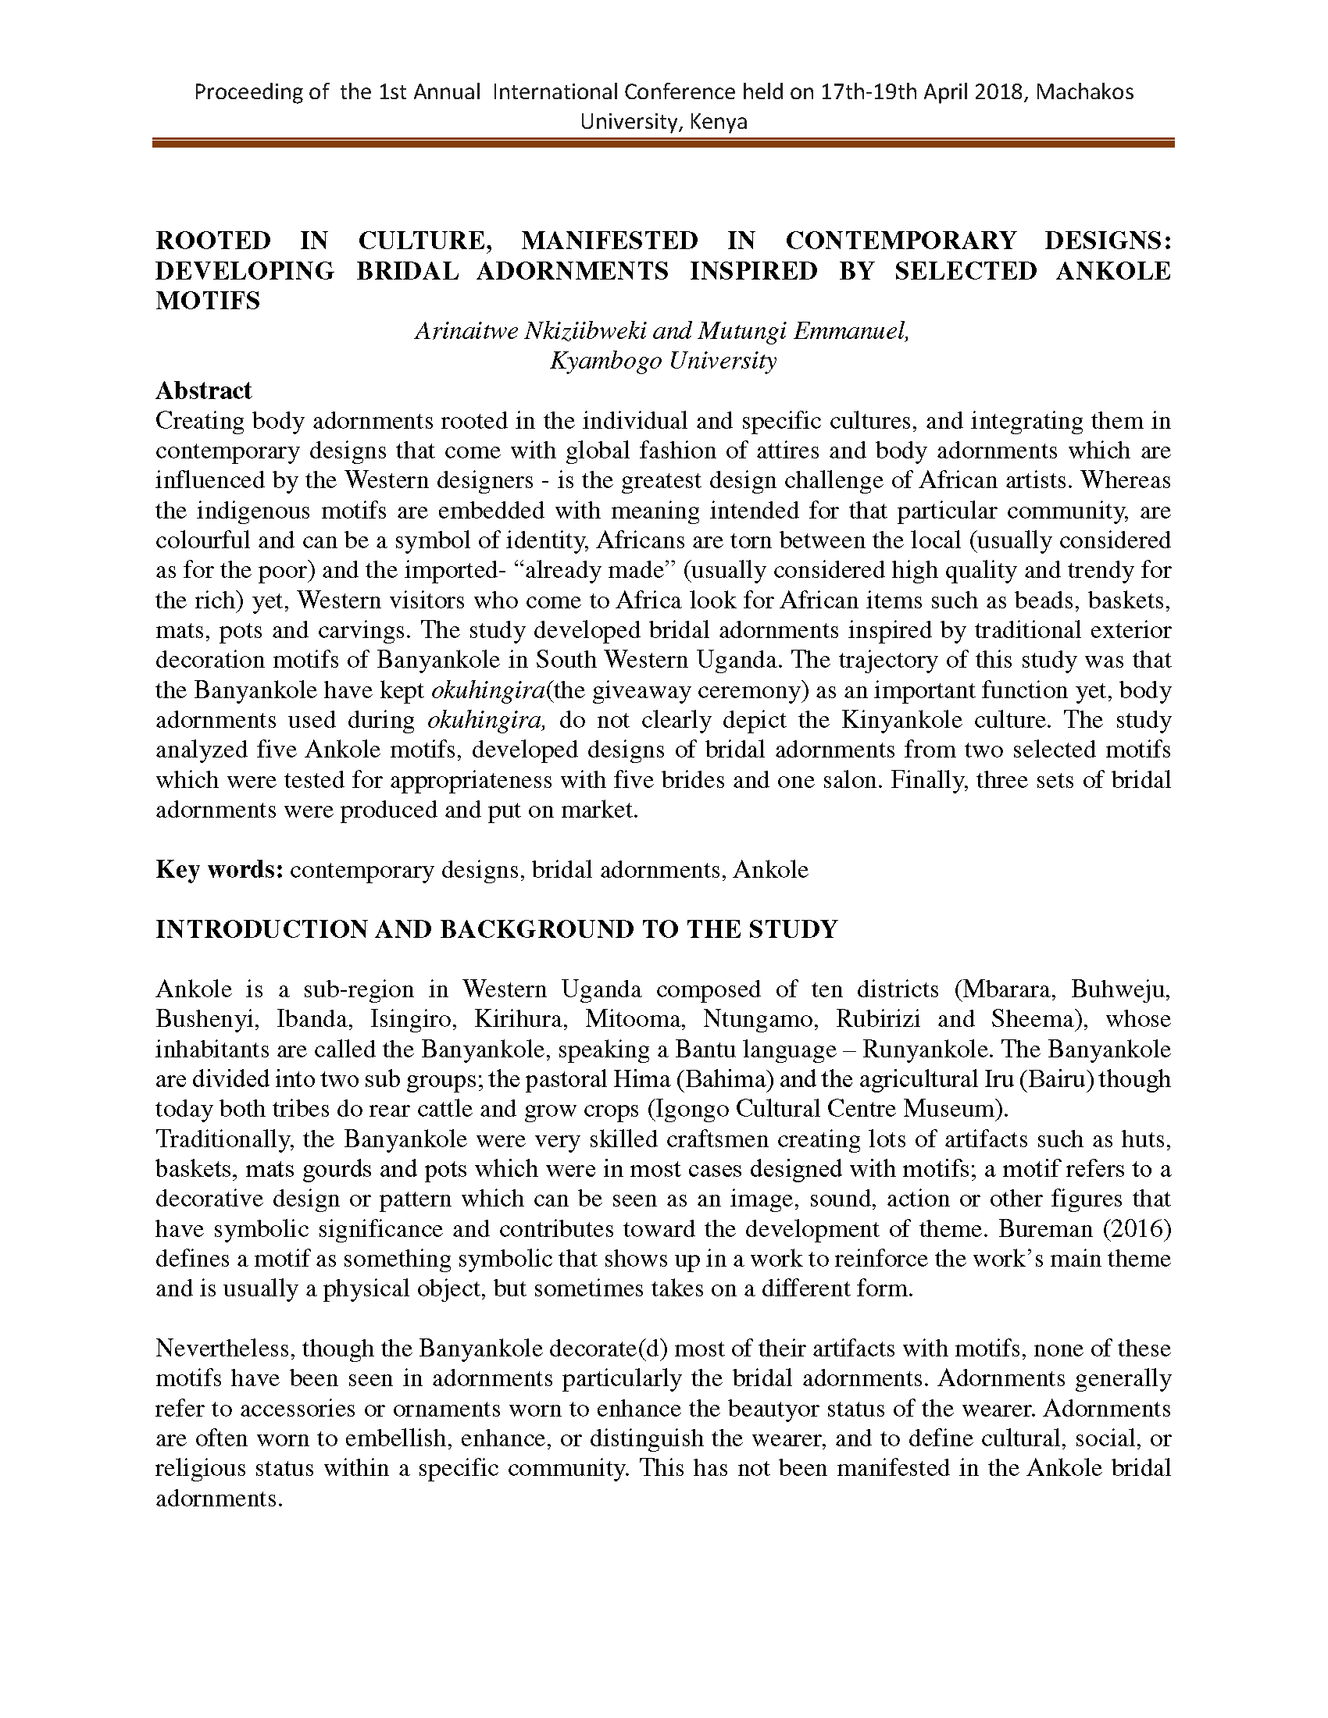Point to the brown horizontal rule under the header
662,143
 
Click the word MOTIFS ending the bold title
208,301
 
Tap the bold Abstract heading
204,391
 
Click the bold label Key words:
220,870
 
